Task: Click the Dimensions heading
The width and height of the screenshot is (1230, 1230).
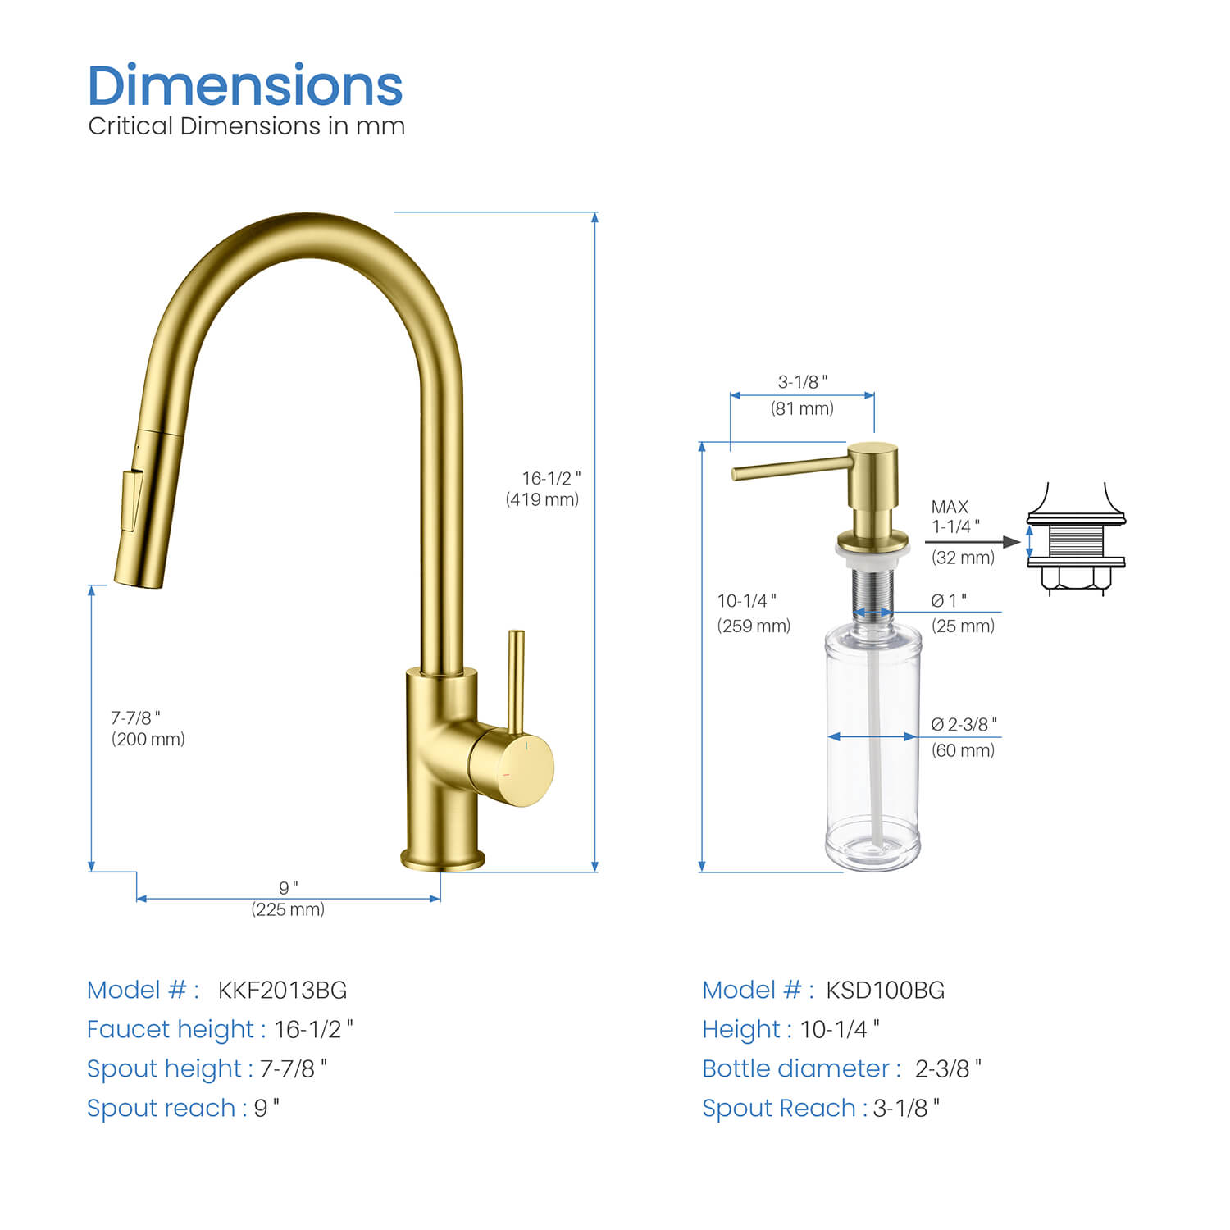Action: coord(244,85)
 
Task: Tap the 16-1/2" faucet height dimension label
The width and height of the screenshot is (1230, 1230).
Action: coord(551,478)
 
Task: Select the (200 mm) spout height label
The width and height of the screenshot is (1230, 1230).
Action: coord(148,740)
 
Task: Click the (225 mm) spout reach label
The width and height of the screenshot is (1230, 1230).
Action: coord(288,909)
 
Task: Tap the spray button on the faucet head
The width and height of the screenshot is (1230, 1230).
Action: coord(131,500)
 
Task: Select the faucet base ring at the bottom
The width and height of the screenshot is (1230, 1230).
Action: coord(443,859)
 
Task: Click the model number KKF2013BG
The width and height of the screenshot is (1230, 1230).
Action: coord(282,991)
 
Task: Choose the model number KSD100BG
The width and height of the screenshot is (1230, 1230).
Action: coord(885,991)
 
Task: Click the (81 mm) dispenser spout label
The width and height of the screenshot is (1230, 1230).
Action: coord(802,408)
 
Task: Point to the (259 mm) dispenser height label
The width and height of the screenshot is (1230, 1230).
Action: coord(754,626)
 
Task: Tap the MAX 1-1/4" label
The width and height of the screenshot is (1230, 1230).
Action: coord(954,517)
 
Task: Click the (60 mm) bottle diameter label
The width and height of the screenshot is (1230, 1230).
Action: coord(963,750)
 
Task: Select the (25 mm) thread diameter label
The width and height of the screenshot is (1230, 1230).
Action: coord(963,626)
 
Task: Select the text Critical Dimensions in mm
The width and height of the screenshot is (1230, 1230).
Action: coord(246,126)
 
